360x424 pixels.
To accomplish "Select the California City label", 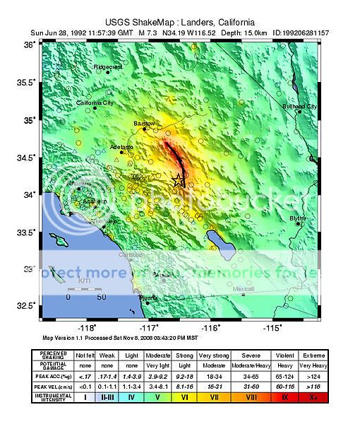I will (x=94, y=102).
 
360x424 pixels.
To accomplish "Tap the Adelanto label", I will (x=121, y=146).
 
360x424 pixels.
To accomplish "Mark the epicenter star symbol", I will (x=176, y=182).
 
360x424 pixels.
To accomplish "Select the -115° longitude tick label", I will (x=272, y=328).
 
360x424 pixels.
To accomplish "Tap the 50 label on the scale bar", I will (x=102, y=297).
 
